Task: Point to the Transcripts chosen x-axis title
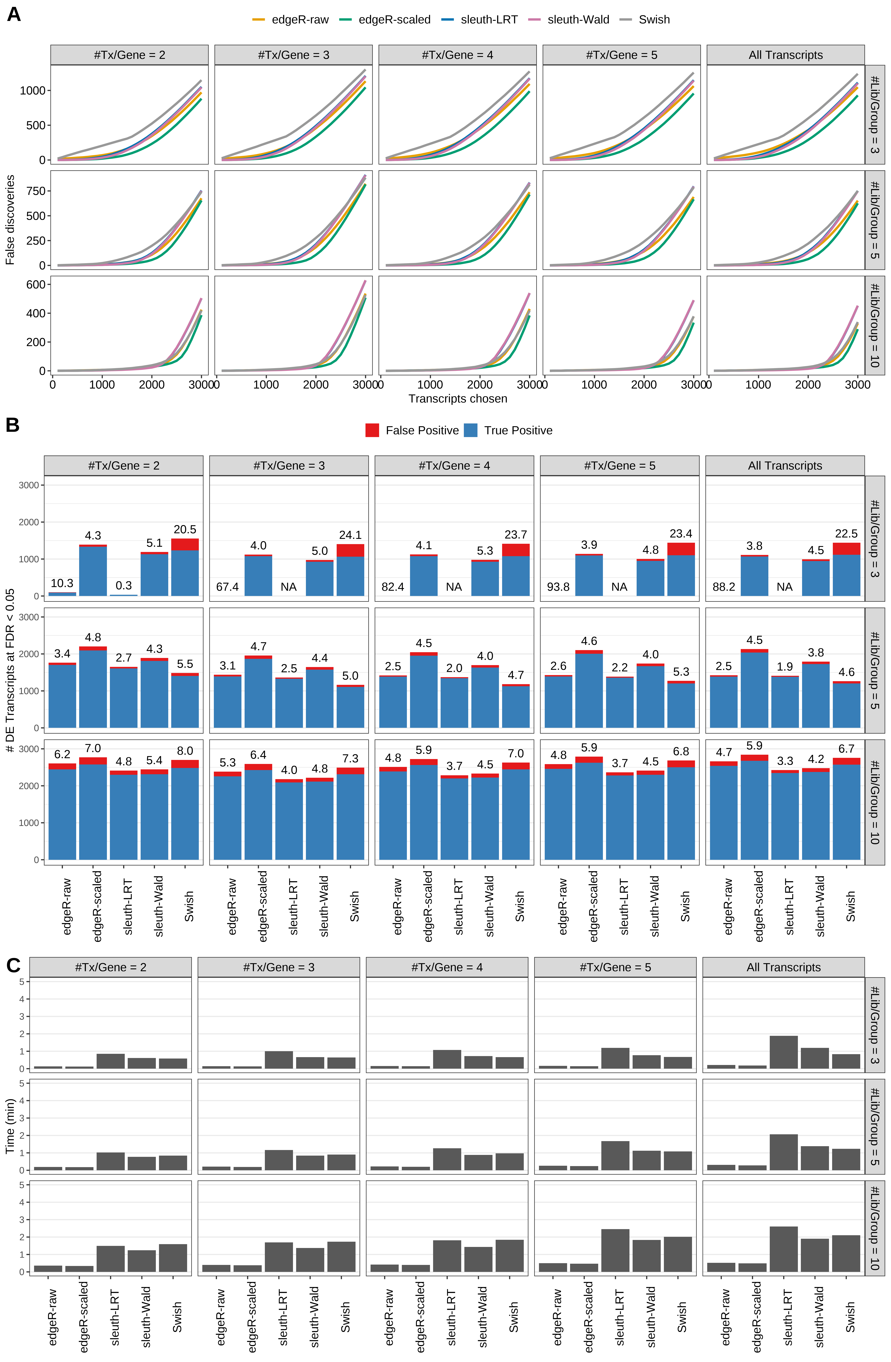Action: pyautogui.click(x=458, y=399)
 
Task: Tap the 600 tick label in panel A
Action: pyautogui.click(x=35, y=285)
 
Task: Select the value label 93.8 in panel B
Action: pyautogui.click(x=558, y=587)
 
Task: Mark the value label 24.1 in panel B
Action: pyautogui.click(x=350, y=535)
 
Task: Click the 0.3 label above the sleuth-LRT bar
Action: pyautogui.click(x=124, y=585)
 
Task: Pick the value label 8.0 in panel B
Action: pyautogui.click(x=185, y=751)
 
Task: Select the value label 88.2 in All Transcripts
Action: pyautogui.click(x=724, y=587)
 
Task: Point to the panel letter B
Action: pyautogui.click(x=13, y=425)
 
